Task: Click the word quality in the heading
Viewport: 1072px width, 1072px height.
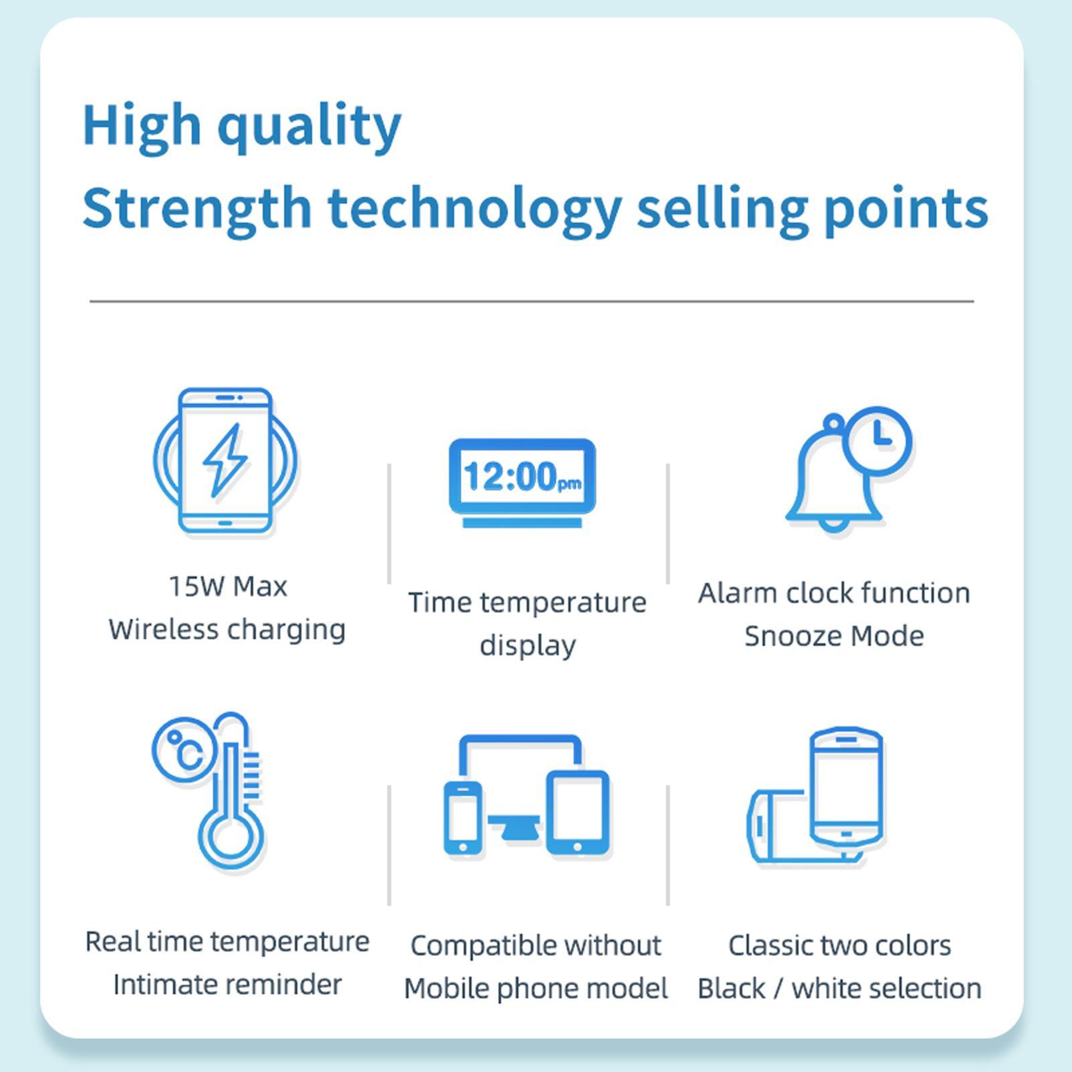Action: pyautogui.click(x=309, y=127)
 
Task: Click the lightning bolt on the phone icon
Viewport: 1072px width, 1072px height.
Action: pyautogui.click(x=225, y=460)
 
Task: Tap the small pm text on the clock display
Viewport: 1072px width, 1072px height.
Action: pyautogui.click(x=569, y=483)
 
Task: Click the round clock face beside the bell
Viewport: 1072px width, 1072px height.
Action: pyautogui.click(x=878, y=440)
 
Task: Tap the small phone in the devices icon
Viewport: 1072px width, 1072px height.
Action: pyautogui.click(x=463, y=817)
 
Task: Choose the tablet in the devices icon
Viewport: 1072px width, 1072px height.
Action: pyautogui.click(x=578, y=813)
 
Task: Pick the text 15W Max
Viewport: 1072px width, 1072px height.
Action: pyautogui.click(x=228, y=587)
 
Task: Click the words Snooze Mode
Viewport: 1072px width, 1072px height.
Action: pyautogui.click(x=834, y=636)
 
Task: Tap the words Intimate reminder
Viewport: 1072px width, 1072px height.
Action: pyautogui.click(x=227, y=985)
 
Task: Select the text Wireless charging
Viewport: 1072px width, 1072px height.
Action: pyautogui.click(x=227, y=630)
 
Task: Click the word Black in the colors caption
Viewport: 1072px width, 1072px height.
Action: pyautogui.click(x=731, y=989)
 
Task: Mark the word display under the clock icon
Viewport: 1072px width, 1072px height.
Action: pyautogui.click(x=527, y=646)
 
